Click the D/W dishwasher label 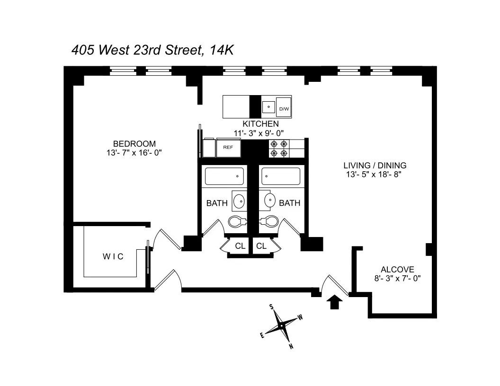[284, 109]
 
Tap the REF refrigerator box [227, 148]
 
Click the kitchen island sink [268, 107]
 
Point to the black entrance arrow [335, 301]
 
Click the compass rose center [281, 325]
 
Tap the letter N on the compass [291, 346]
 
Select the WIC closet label [113, 256]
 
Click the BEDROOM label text [134, 144]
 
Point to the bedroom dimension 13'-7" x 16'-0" [134, 153]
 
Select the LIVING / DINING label [375, 166]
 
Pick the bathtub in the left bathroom [224, 176]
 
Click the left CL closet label [240, 246]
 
